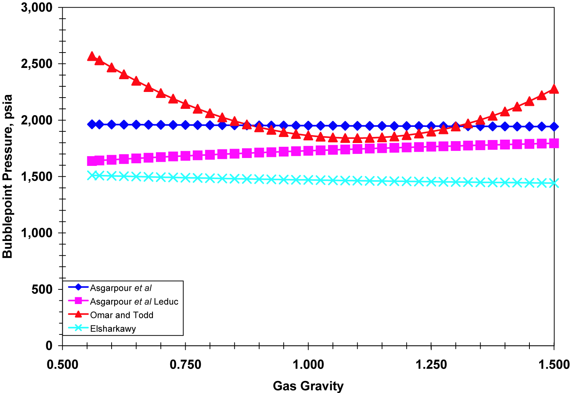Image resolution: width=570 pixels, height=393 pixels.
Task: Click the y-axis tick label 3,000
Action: tap(37, 8)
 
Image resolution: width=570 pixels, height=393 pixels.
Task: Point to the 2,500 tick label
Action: tap(37, 64)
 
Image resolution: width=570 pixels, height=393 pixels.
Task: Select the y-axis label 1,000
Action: tap(37, 233)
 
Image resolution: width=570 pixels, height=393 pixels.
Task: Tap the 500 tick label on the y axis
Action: tap(42, 289)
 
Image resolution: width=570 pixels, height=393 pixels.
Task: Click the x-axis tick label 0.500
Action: tap(62, 364)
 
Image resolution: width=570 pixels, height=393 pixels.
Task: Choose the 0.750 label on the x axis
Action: tap(185, 364)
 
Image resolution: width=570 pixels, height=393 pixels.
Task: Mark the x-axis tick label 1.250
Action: tap(431, 364)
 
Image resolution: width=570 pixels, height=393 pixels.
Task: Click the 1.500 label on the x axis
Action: tap(554, 364)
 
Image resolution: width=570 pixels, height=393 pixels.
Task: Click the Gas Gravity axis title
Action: tap(308, 386)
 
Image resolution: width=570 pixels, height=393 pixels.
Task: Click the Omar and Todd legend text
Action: tap(122, 315)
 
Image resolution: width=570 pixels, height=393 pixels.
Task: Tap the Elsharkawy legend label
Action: tap(113, 329)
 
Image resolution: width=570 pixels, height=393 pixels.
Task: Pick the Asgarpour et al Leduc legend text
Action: tap(134, 301)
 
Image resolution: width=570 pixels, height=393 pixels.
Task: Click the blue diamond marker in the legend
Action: tap(79, 287)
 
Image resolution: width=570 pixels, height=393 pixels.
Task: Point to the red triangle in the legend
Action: tap(79, 314)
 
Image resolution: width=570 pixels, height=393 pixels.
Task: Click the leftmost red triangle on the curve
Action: tap(92, 56)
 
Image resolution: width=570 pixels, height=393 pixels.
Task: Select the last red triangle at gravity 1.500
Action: tap(554, 89)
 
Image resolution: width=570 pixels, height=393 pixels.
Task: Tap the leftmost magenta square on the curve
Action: tap(92, 161)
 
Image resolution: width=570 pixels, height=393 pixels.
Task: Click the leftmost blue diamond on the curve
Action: tap(92, 124)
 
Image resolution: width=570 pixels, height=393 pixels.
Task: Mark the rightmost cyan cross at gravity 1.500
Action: tap(554, 183)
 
